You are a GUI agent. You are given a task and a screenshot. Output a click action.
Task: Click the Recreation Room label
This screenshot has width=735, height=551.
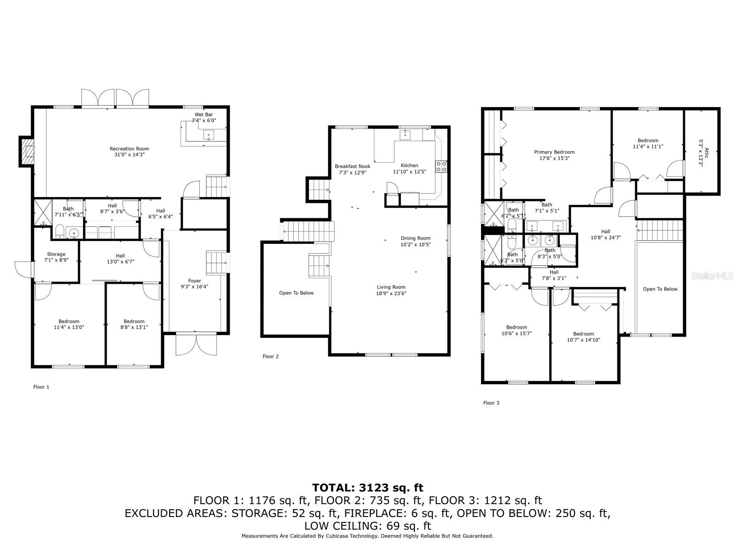pos(129,149)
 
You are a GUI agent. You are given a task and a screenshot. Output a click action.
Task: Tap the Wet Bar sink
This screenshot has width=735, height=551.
pos(209,135)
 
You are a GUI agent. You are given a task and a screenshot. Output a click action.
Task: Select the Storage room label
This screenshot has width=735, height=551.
pos(56,254)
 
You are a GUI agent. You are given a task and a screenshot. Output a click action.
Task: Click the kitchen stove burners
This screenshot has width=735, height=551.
pos(441,166)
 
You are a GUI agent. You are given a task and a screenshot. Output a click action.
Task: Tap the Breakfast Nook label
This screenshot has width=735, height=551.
pos(352,166)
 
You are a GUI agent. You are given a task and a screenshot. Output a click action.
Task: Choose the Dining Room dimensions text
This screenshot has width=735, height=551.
pos(415,245)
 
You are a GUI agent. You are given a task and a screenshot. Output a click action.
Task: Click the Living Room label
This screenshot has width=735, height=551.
pos(391,287)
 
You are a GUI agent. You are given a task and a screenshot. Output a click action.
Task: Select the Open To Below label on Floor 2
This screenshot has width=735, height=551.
pos(296,293)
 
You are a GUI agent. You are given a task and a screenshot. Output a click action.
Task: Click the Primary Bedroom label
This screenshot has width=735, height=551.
pos(554,152)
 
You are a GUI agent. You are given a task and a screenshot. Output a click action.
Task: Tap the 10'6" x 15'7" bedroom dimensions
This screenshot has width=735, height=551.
pos(516,334)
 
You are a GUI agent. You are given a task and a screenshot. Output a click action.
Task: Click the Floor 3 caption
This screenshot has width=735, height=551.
pos(491,403)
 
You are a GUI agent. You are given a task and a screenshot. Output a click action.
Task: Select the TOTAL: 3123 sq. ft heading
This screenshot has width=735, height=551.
pos(367,488)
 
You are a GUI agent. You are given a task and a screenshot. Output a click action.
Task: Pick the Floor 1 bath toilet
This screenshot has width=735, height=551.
pos(60,231)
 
